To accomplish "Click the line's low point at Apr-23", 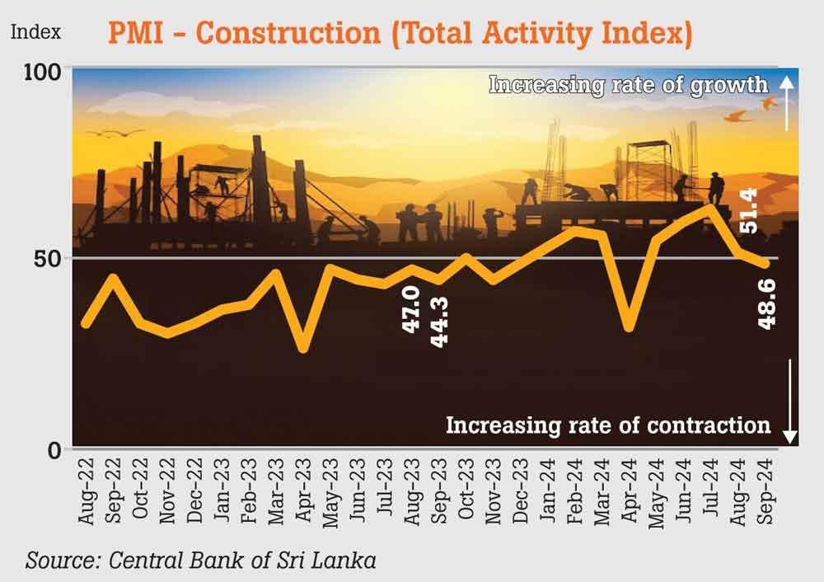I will click(x=303, y=348).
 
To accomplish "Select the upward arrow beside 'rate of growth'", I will click(x=787, y=101).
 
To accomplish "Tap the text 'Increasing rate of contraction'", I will click(x=608, y=425).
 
